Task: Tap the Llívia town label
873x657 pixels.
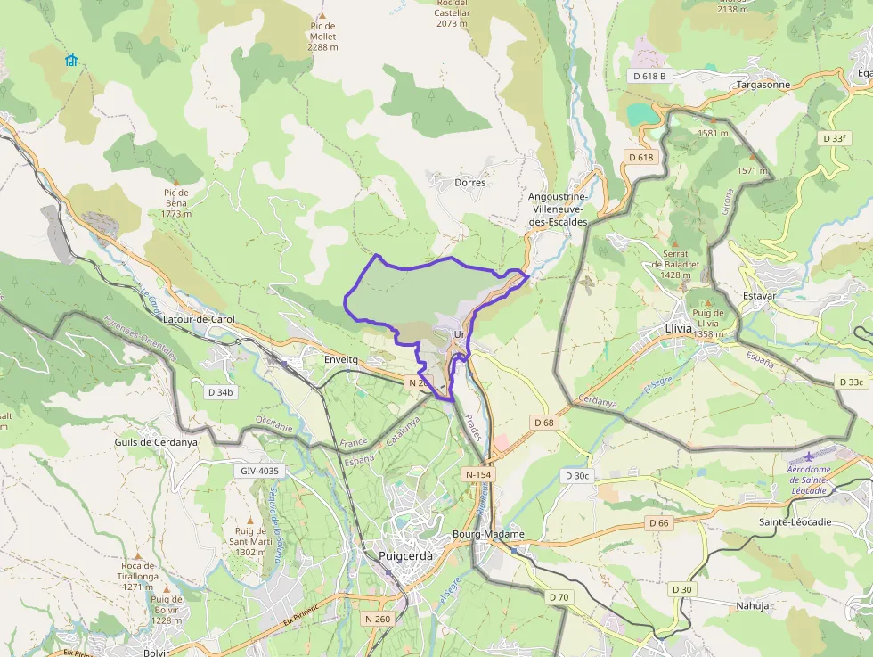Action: [x=678, y=328]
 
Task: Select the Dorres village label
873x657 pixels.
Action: [x=469, y=183]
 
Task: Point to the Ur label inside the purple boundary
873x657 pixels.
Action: [x=460, y=334]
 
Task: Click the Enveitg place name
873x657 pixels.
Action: [x=340, y=359]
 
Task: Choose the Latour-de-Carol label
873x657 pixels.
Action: [x=199, y=319]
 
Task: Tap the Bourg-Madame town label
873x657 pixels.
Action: [x=488, y=534]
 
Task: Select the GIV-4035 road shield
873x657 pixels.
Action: [x=259, y=471]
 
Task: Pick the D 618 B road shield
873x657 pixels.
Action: [x=649, y=76]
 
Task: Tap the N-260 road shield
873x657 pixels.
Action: [x=379, y=618]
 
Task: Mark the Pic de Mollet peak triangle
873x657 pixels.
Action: [x=322, y=15]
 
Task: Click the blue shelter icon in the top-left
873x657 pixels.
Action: [x=71, y=61]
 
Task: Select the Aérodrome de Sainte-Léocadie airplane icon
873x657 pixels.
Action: [x=808, y=456]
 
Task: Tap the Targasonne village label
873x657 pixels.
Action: [x=763, y=85]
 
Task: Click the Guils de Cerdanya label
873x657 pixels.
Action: [x=156, y=441]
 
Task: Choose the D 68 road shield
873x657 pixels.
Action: [x=544, y=422]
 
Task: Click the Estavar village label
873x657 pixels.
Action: [x=759, y=295]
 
